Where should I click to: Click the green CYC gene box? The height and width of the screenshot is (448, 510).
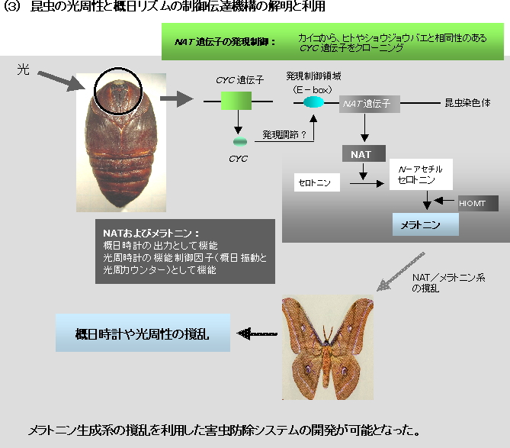(236, 101)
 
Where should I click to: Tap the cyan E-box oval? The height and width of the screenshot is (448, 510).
(313, 102)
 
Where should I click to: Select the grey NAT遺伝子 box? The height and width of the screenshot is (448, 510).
(370, 104)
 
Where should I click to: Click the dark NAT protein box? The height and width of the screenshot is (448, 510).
(364, 153)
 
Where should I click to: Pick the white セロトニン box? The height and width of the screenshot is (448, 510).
(317, 182)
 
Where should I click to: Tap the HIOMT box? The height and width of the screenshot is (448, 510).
(478, 204)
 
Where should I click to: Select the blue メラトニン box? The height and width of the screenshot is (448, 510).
(425, 224)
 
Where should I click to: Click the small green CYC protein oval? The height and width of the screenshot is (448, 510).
(240, 142)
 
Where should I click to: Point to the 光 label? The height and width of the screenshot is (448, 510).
(24, 69)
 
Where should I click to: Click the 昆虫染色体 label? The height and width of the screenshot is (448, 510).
(467, 103)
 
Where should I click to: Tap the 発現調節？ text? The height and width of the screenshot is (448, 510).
(284, 134)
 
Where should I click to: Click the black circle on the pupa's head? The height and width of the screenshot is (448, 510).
(118, 91)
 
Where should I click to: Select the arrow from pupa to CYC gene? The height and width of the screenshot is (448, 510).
(177, 99)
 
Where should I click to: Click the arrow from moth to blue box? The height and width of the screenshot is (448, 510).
(257, 334)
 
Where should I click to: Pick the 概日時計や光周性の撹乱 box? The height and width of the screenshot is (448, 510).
(143, 333)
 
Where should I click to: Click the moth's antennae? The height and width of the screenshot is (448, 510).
(328, 333)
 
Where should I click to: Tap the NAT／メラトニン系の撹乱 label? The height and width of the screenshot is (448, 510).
(448, 282)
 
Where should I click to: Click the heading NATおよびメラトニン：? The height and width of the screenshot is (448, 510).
(151, 233)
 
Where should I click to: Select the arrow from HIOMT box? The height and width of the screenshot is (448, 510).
(444, 201)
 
